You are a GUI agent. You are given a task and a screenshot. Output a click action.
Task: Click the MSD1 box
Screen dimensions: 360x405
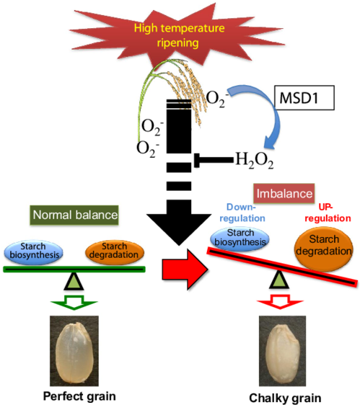point(304,97)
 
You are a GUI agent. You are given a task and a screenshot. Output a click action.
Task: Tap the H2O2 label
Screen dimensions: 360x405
point(254,161)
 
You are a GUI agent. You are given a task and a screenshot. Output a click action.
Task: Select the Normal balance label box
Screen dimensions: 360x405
point(74,215)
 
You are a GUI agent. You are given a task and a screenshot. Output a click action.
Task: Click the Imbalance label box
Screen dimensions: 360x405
point(284,193)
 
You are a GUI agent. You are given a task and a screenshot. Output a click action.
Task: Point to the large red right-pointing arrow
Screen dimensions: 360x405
point(185,270)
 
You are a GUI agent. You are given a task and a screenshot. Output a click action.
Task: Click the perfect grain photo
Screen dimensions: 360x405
point(74,351)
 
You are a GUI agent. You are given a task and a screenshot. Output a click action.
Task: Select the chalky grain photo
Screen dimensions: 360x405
point(282,351)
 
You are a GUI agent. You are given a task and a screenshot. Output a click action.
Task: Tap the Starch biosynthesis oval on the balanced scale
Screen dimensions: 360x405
point(33,252)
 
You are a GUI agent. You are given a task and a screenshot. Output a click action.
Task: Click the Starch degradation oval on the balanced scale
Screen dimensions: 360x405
point(115,252)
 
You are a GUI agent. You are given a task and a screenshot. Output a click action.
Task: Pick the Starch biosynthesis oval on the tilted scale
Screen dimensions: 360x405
point(240,239)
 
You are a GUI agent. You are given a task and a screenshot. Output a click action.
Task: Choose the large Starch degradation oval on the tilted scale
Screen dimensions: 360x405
point(324,249)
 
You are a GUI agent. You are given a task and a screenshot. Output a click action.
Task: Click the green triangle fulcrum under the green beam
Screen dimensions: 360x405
point(74,282)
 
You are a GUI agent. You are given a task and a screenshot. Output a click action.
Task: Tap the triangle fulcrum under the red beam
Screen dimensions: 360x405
point(279,280)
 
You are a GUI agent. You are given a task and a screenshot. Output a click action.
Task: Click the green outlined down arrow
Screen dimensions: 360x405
point(74,302)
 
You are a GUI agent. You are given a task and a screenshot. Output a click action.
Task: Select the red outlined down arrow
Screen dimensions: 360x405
point(280,301)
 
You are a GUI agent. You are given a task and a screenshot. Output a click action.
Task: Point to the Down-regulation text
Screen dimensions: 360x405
point(242,213)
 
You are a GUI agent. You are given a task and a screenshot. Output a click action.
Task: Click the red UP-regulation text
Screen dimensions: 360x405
point(328,213)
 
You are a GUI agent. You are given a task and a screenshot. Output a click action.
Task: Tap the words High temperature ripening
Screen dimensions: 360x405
point(179,35)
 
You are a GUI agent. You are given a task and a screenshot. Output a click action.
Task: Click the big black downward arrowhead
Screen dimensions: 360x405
point(179,228)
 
